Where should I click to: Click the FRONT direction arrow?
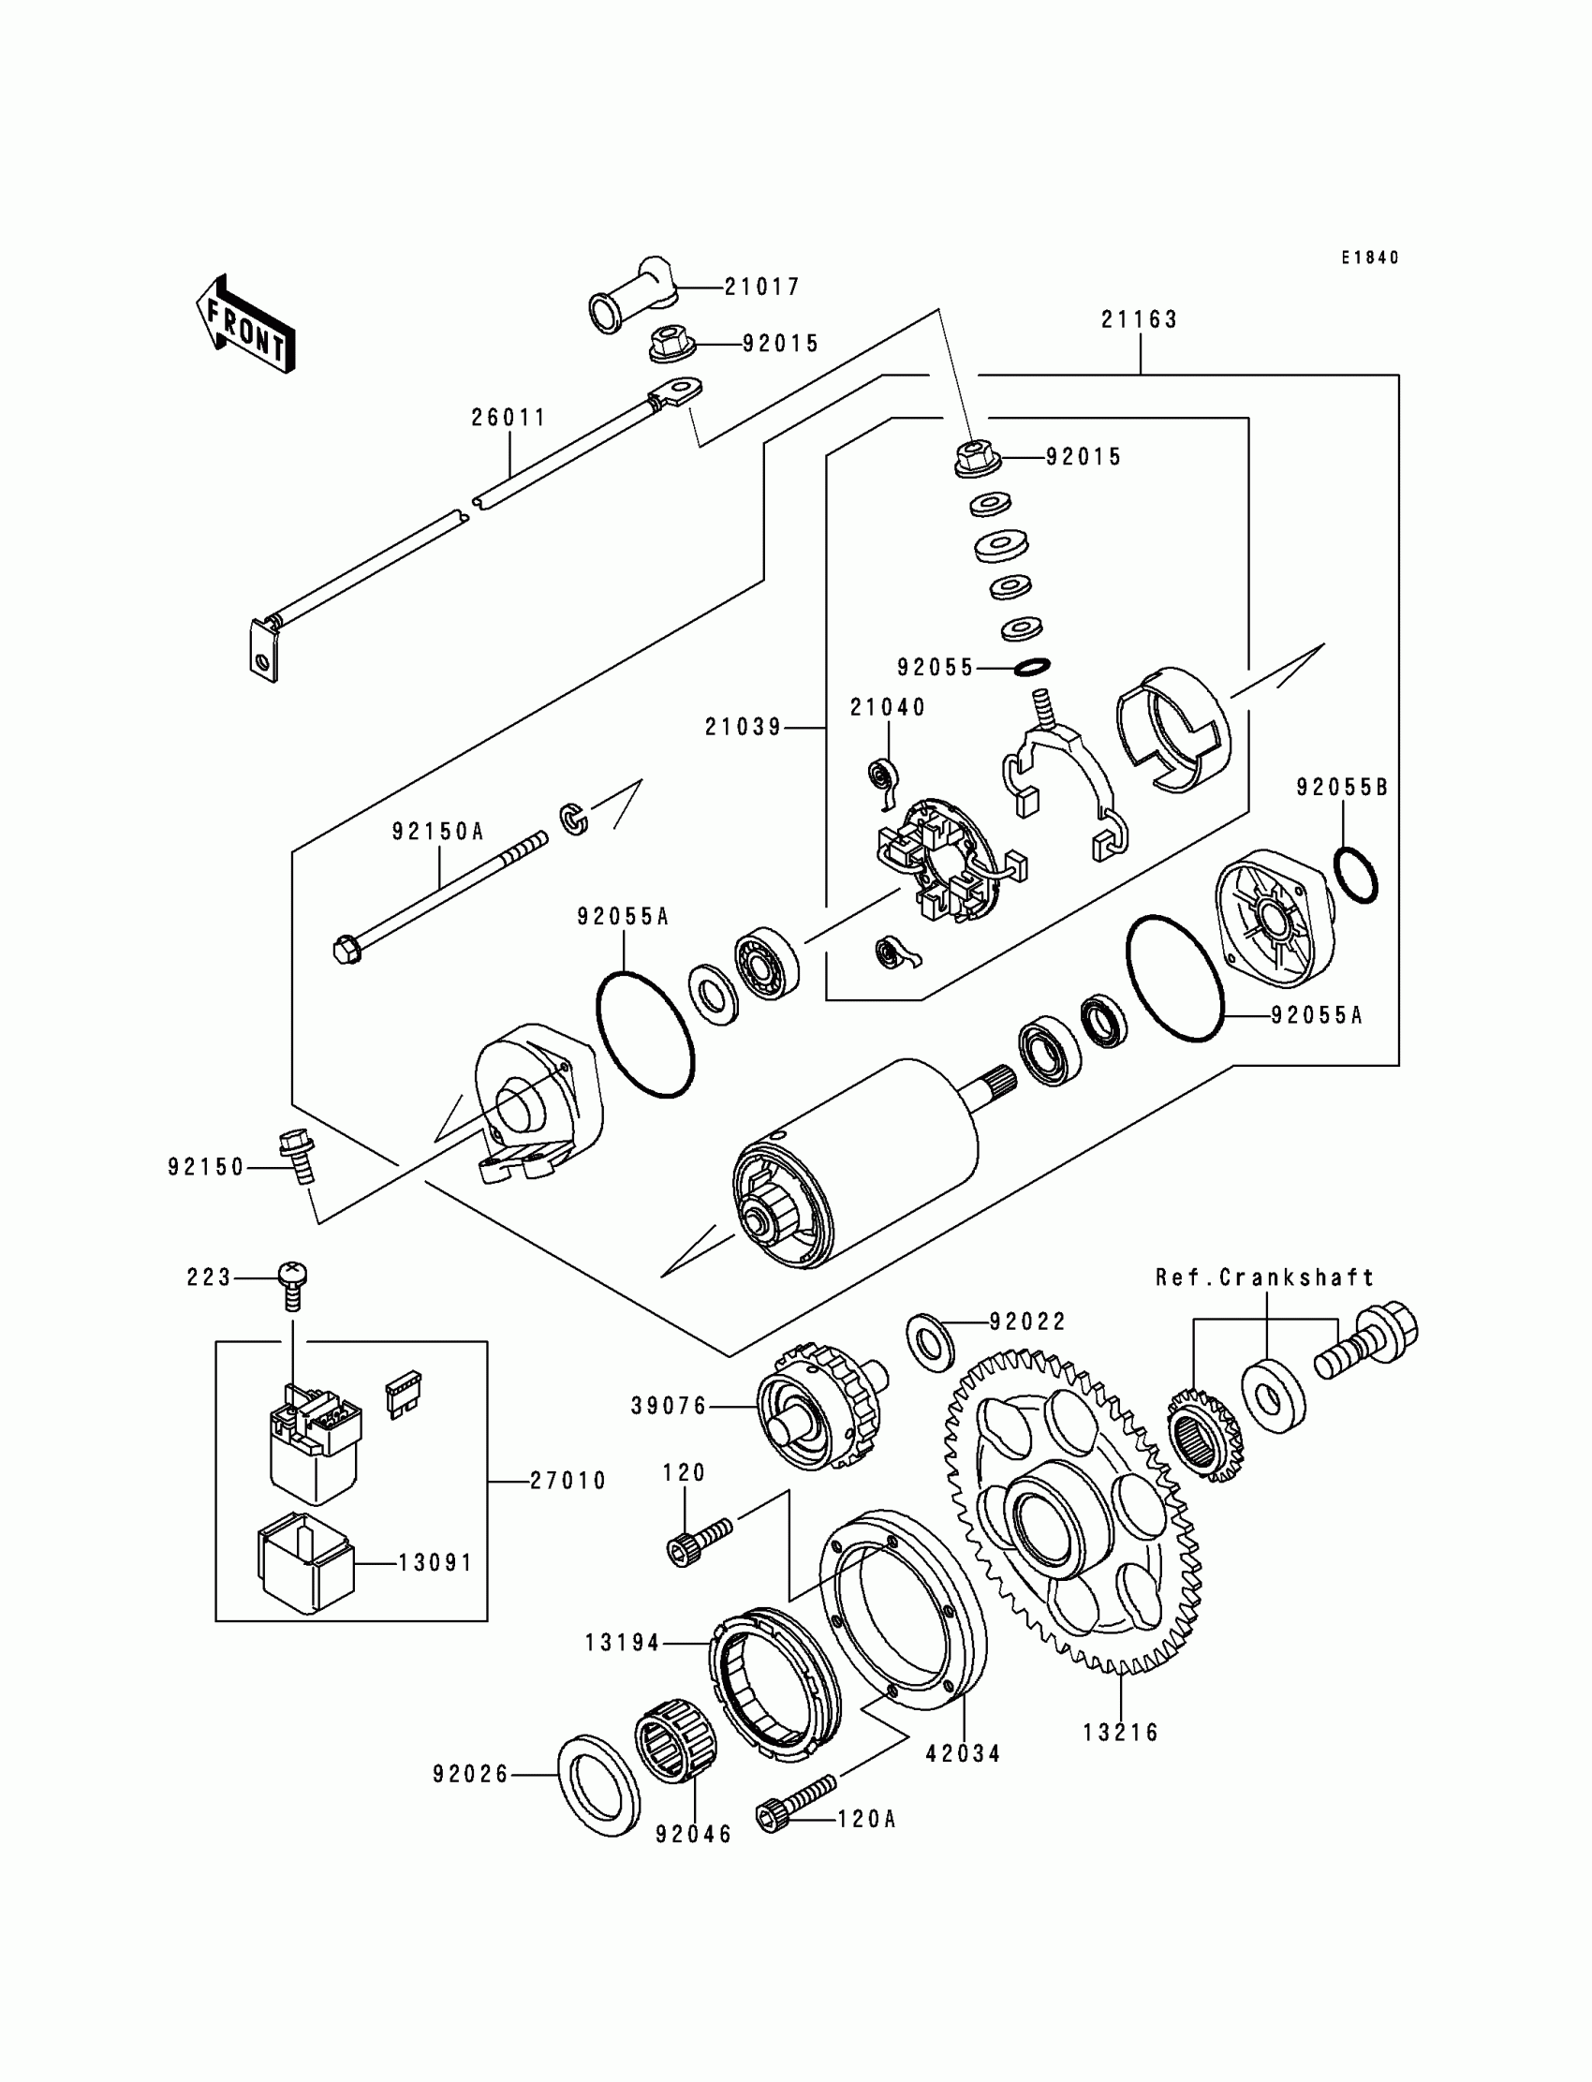pyautogui.click(x=245, y=324)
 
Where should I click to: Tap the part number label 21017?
pyautogui.click(x=762, y=287)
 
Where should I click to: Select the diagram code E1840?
pyautogui.click(x=1369, y=258)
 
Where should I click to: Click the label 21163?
pyautogui.click(x=1139, y=320)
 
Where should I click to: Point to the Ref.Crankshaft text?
pyautogui.click(x=1264, y=1277)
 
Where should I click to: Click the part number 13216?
pyautogui.click(x=1121, y=1733)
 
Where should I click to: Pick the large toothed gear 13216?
pyautogui.click(x=1070, y=1516)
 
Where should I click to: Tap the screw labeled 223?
pyautogui.click(x=292, y=1278)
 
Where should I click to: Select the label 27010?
pyautogui.click(x=568, y=1480)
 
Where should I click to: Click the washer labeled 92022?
pyautogui.click(x=932, y=1341)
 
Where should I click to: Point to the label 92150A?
pyautogui.click(x=438, y=832)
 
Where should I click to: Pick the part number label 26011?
pyautogui.click(x=509, y=417)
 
